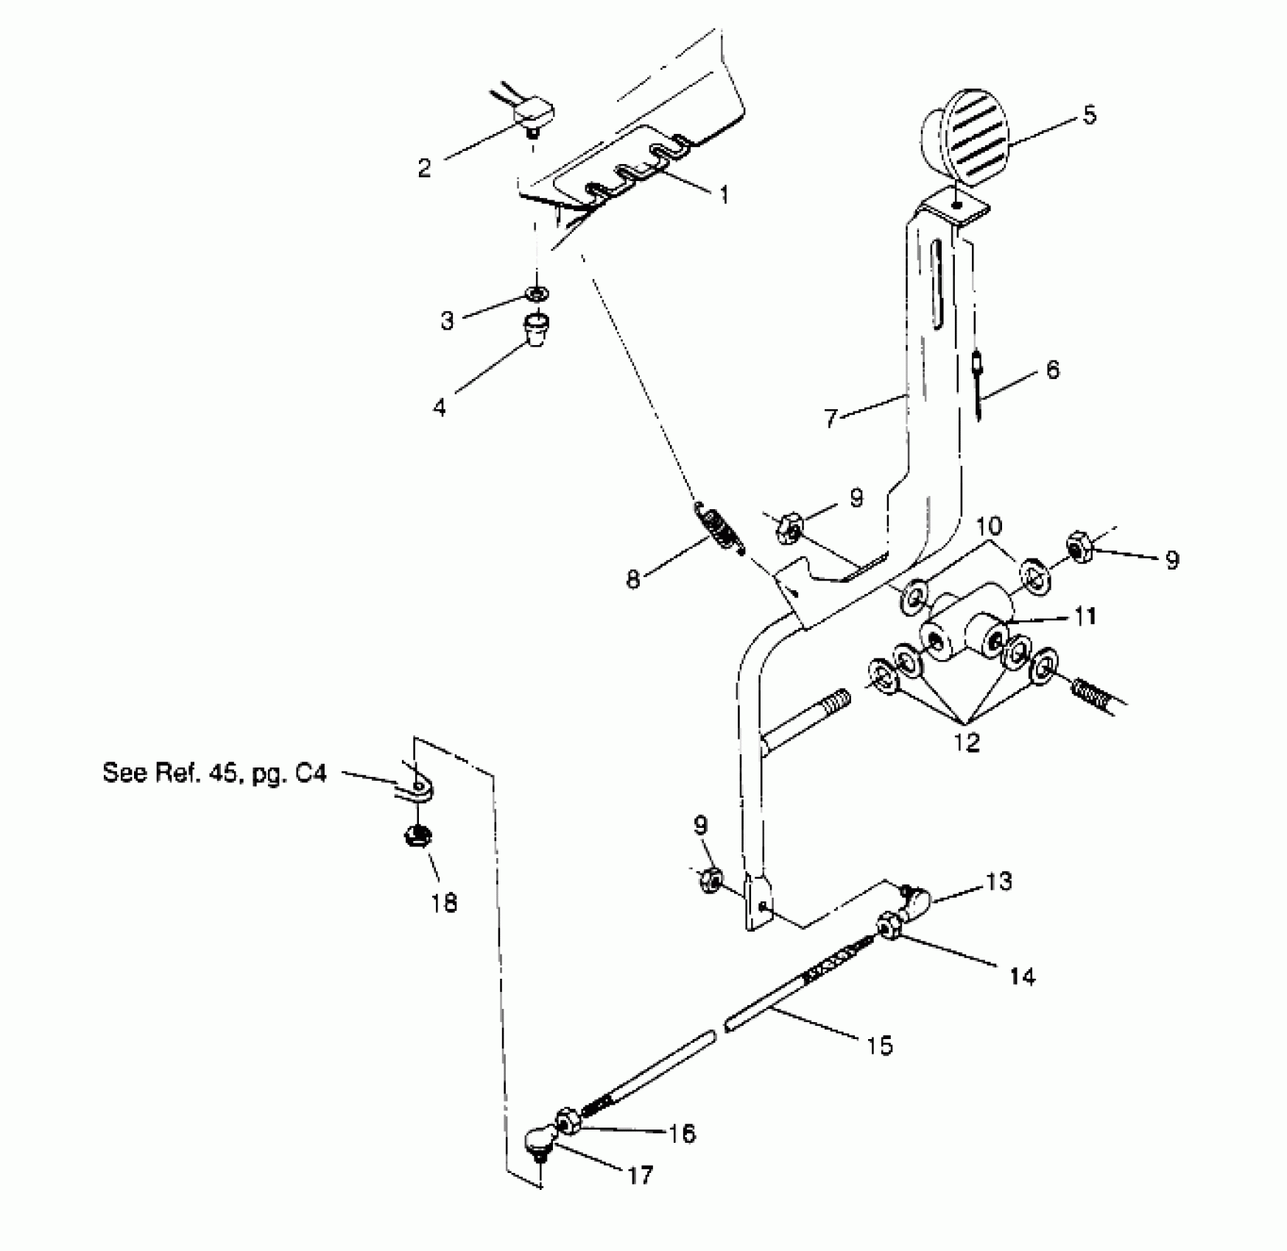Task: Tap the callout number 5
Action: tap(1089, 115)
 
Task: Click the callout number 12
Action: tap(967, 742)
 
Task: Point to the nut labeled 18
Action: tap(417, 836)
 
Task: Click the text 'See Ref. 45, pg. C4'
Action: tap(214, 773)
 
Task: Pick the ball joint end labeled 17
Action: tap(540, 1160)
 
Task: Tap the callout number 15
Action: tap(880, 1045)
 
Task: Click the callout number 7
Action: tap(831, 418)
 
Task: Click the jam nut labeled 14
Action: tap(888, 926)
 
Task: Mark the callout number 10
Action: tap(990, 526)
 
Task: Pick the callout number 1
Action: tap(724, 194)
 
